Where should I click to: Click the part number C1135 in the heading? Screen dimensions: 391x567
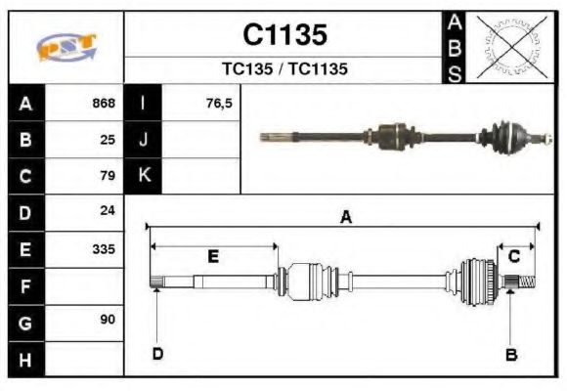(283, 35)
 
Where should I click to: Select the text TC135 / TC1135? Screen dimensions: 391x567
(283, 69)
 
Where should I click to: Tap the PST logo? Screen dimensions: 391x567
(65, 47)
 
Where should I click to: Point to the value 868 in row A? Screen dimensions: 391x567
(103, 104)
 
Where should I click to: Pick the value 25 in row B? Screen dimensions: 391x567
(108, 140)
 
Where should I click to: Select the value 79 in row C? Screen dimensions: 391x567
(108, 177)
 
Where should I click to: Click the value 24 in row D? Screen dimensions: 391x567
(108, 211)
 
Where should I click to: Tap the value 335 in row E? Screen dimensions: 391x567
(103, 249)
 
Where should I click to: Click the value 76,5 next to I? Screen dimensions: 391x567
(219, 104)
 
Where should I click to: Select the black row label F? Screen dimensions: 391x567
(25, 286)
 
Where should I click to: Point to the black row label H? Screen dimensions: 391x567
(25, 359)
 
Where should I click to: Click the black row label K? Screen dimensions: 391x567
(144, 176)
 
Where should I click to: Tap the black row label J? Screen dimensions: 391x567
(144, 140)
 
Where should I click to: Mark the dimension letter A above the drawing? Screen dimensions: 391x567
(344, 218)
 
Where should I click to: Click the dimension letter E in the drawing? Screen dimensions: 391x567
(212, 256)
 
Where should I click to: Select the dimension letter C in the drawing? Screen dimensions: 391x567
(513, 256)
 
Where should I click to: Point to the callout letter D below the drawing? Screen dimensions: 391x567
(156, 354)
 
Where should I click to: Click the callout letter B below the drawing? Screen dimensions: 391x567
(510, 354)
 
